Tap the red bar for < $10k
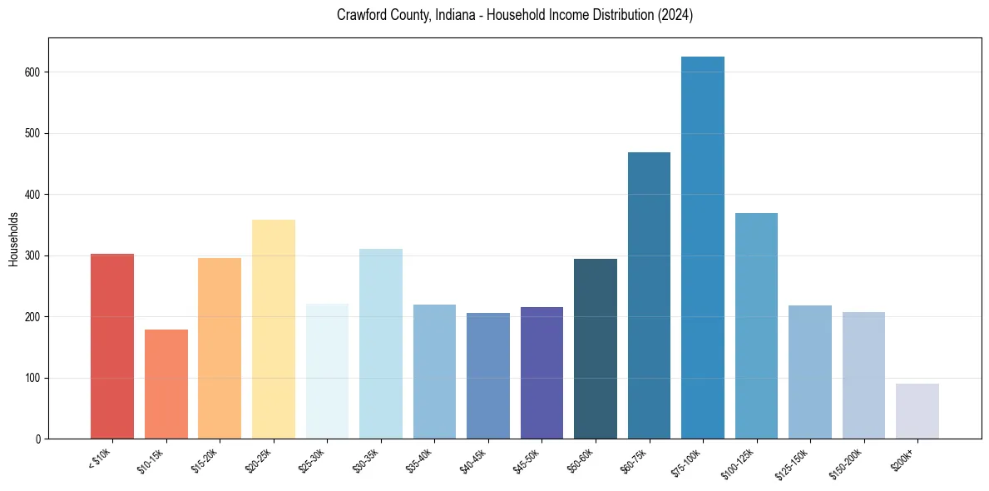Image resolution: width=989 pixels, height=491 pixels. (112, 346)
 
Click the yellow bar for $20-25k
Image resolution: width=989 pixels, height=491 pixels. (273, 330)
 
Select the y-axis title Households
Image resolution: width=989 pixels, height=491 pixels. (13, 239)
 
